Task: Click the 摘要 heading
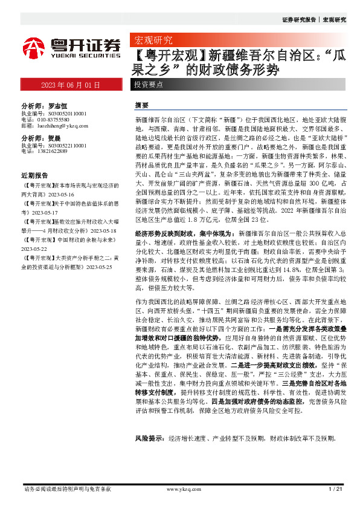pos(141,104)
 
